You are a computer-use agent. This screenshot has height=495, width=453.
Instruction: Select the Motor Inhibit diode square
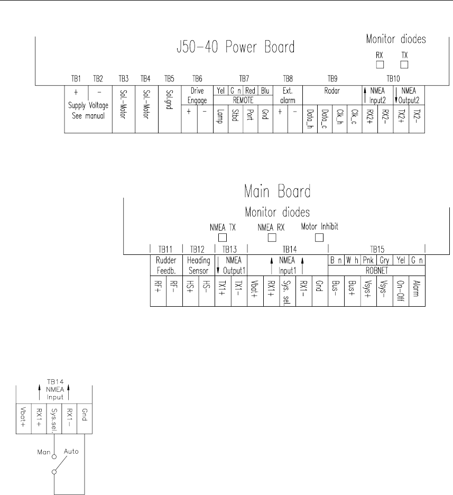coord(319,237)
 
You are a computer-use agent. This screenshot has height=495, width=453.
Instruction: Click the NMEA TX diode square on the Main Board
coord(223,237)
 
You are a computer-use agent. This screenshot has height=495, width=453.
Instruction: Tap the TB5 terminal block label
coord(169,78)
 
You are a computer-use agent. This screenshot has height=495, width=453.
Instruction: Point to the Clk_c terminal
coord(355,116)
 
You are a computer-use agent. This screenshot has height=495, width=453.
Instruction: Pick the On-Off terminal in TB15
coord(400,290)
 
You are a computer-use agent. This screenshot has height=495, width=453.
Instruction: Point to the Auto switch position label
coord(71,453)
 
